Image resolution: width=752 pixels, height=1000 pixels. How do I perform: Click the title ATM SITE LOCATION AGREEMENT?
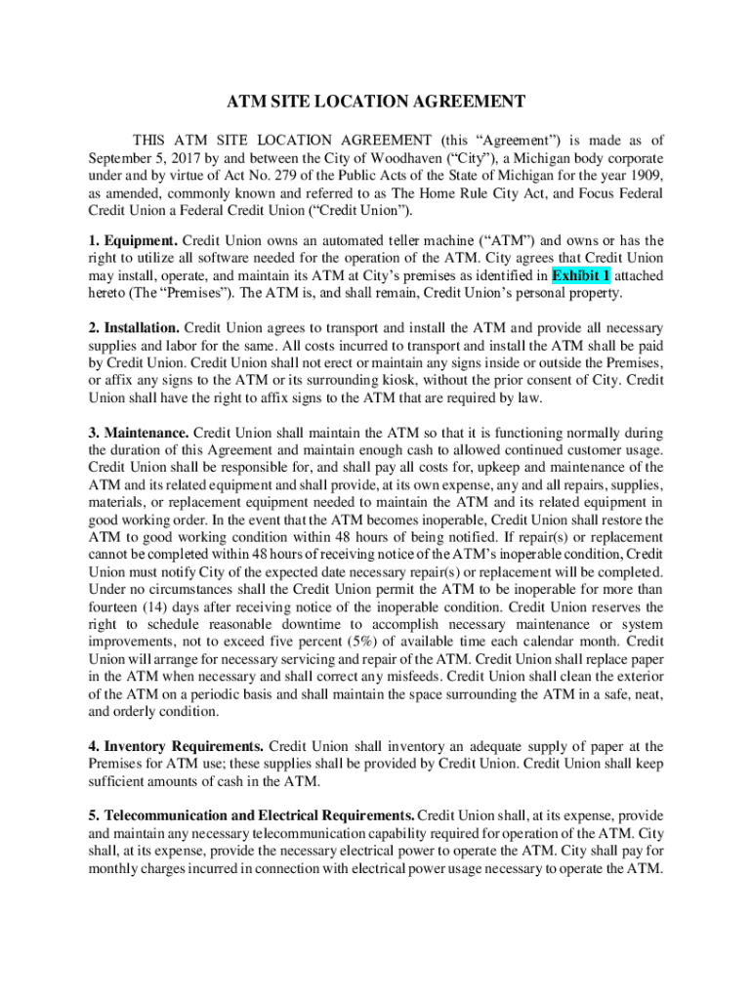(377, 102)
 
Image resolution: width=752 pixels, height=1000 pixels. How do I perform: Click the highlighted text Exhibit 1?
(581, 275)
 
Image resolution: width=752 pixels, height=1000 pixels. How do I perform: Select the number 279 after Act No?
(271, 175)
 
